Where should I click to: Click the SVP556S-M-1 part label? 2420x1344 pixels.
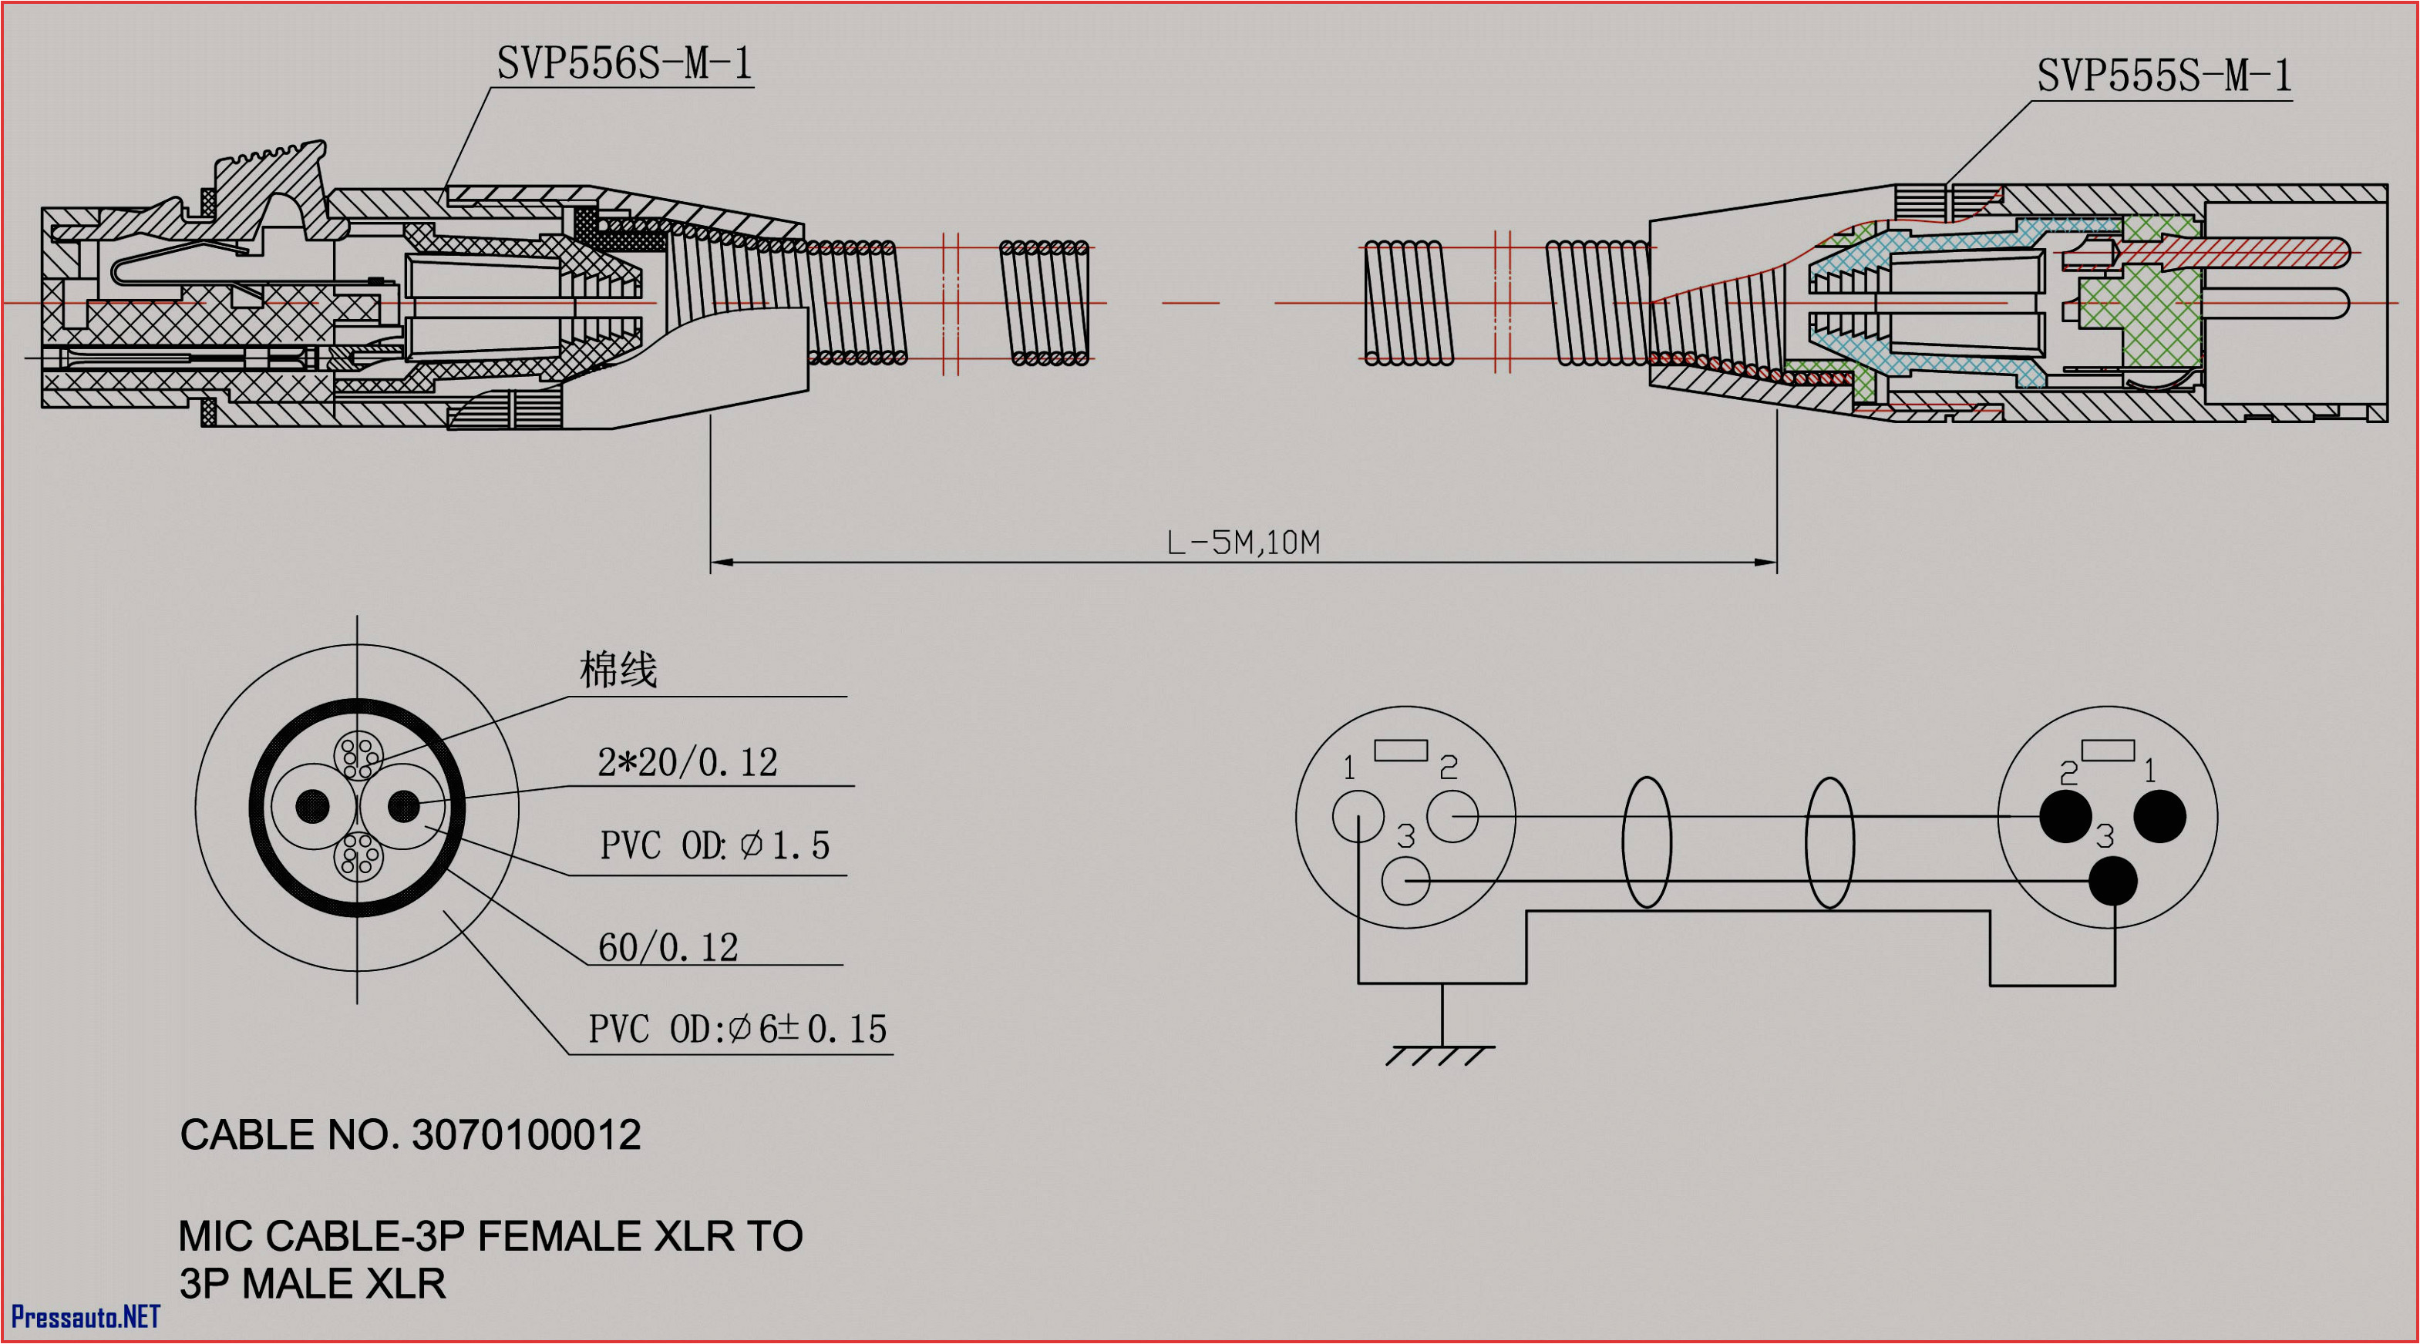coord(624,64)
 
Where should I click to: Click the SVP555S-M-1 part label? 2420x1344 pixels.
coord(2163,75)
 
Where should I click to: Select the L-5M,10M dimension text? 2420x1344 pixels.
coord(1242,543)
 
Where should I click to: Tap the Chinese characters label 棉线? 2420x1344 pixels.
coord(618,670)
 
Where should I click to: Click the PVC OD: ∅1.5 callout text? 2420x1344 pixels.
coord(714,845)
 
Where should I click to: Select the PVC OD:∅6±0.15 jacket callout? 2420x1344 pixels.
coord(738,1030)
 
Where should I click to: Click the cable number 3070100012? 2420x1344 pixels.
coord(526,1135)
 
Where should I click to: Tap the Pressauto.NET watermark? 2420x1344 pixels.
coord(86,1317)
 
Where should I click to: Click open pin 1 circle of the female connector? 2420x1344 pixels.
coord(1358,815)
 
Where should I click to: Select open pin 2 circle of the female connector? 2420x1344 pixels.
coord(1452,815)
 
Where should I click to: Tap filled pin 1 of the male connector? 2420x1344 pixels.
coord(2159,815)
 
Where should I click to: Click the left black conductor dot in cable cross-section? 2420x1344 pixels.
coord(313,806)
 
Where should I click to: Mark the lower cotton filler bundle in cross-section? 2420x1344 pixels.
coord(358,855)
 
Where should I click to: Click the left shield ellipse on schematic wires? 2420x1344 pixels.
coord(1647,842)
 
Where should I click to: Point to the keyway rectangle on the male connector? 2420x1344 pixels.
coord(2108,751)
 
